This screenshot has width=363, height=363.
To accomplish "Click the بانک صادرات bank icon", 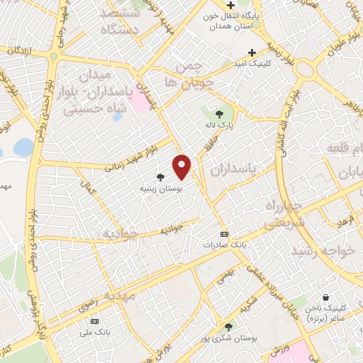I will pyautogui.click(x=225, y=234).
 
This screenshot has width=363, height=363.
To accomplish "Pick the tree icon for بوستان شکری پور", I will pyautogui.click(x=228, y=327).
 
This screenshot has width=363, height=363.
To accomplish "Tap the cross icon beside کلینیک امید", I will pyautogui.click(x=252, y=52).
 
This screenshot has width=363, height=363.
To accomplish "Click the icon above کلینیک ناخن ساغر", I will pyautogui.click(x=325, y=297).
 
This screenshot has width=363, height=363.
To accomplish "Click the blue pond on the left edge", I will pyautogui.click(x=23, y=147).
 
